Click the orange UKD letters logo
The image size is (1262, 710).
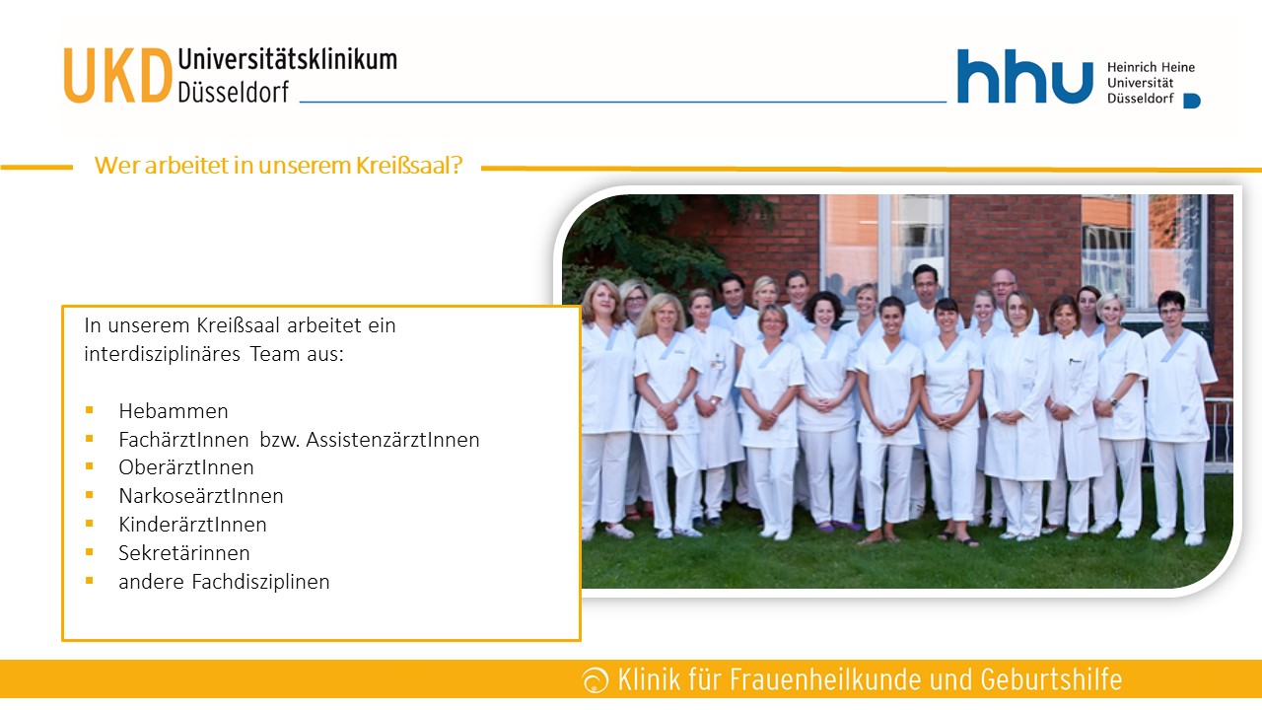[117, 76]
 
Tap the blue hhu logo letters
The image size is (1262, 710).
[1024, 76]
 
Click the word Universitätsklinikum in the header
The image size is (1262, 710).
[287, 60]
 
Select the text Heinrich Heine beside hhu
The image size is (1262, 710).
[1151, 67]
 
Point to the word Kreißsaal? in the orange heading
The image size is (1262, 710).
[409, 165]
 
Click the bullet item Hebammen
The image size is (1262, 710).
[174, 411]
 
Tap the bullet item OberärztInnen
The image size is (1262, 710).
[186, 467]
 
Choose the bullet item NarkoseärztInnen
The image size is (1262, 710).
[201, 496]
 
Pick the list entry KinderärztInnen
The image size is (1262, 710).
[192, 525]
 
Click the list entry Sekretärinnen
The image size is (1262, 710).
[184, 553]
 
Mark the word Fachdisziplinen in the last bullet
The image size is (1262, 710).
[261, 582]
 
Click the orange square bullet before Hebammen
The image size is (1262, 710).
[89, 409]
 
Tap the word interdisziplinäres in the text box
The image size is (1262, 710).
[163, 354]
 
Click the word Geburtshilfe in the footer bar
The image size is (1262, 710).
[1051, 679]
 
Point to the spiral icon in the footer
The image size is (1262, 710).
[596, 679]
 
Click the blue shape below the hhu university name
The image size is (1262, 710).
[1192, 101]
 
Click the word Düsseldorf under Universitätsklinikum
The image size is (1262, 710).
[234, 92]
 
